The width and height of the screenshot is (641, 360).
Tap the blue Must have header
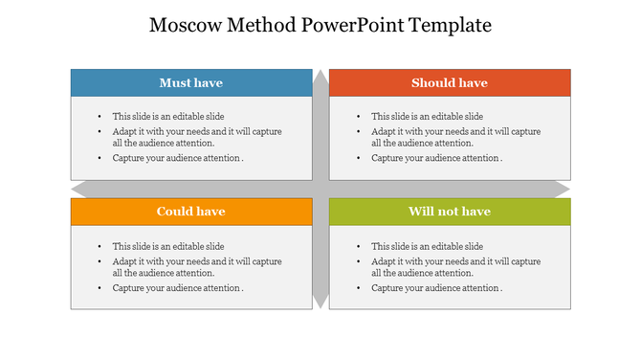point(191,83)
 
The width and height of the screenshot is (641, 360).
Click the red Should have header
point(450,83)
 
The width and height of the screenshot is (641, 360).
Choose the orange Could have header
point(191,212)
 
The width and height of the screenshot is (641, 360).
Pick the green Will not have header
point(450,212)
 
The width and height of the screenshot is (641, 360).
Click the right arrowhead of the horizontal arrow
point(564,189)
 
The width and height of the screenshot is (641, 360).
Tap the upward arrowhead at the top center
point(320,76)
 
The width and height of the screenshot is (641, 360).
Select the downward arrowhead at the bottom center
point(320,303)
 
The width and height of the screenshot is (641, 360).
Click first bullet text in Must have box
point(168,116)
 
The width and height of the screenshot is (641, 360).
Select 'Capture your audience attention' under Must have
point(177,158)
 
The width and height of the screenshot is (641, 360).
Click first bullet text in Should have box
point(428,116)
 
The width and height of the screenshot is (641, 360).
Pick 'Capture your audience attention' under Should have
point(436,158)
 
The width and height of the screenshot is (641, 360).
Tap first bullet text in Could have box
point(168,246)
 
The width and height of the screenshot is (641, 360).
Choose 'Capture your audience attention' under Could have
point(177,287)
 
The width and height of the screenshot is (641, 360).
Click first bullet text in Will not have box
point(428,246)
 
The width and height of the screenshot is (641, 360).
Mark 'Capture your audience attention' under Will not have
point(436,287)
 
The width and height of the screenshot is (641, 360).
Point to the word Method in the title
point(260,26)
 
